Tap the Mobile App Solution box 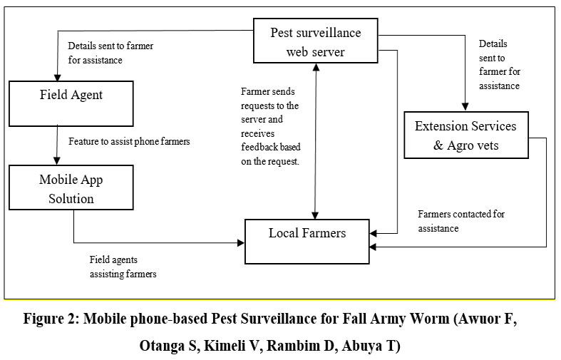71,188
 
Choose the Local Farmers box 307,233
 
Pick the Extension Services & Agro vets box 465,135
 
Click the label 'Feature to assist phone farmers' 129,141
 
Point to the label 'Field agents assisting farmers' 123,267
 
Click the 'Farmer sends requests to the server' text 270,127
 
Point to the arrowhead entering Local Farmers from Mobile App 240,243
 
